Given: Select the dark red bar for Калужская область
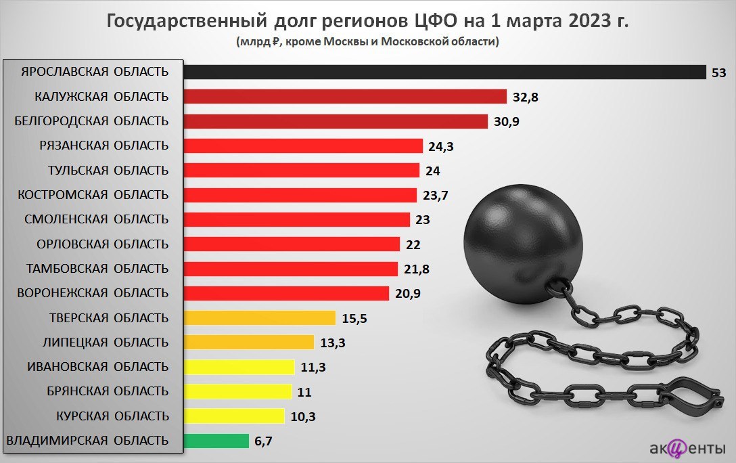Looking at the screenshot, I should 345,96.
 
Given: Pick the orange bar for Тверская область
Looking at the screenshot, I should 260,317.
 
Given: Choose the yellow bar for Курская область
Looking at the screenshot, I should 234,416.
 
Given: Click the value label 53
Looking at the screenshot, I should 718,72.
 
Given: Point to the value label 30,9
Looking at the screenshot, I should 507,122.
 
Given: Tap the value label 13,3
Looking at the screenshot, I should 333,343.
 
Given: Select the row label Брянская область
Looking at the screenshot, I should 108,391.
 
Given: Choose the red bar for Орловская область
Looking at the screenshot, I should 291,244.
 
